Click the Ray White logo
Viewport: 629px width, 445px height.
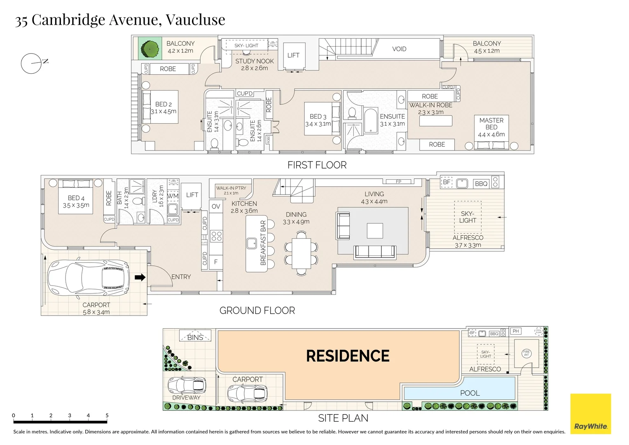tap(590, 414)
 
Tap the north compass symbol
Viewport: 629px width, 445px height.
tap(32, 63)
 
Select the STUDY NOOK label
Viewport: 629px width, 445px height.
tap(254, 61)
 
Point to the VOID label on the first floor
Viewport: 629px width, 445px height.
tap(399, 49)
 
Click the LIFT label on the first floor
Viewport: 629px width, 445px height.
tap(293, 55)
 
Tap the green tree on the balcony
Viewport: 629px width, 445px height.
tap(150, 49)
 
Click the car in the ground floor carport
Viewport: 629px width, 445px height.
tap(89, 278)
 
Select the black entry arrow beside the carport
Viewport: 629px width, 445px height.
tap(140, 277)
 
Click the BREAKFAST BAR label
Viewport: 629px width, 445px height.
tap(263, 243)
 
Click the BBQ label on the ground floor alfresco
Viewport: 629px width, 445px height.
tap(481, 184)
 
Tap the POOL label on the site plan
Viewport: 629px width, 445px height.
tap(470, 393)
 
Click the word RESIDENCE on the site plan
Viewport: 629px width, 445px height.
tap(348, 356)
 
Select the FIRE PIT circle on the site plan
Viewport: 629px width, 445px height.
tap(526, 354)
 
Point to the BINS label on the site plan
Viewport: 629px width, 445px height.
tap(195, 337)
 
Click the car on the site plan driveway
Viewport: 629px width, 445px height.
tap(187, 385)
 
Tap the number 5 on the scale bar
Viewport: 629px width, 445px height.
tap(107, 415)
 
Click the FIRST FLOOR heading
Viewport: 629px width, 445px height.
tap(317, 165)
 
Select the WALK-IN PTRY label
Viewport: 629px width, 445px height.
tap(231, 188)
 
